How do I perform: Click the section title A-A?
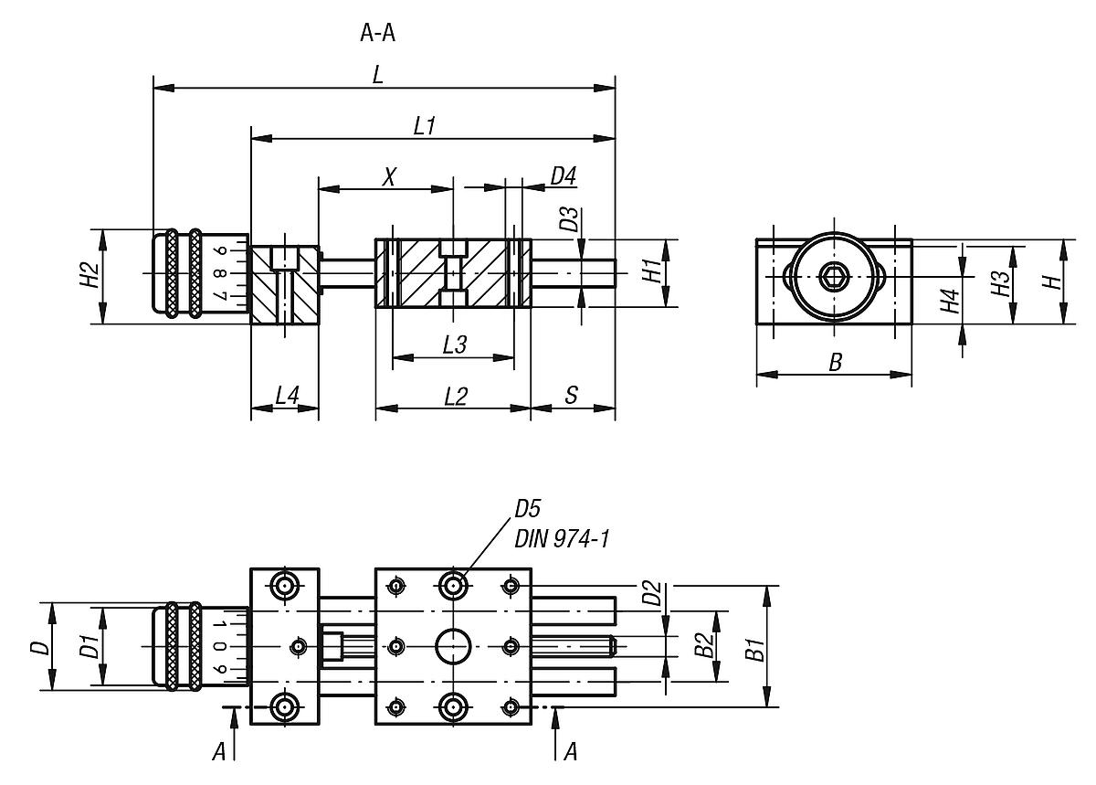pos(377,35)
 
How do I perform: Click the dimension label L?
pos(378,76)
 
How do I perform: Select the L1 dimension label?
pos(424,126)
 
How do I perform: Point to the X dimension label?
pos(388,176)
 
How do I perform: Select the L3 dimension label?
pos(454,345)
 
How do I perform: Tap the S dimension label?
pos(571,396)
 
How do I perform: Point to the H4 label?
pos(950,301)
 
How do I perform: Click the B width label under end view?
pos(834,363)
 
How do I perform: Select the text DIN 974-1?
pos(562,539)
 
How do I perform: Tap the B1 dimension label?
pos(754,648)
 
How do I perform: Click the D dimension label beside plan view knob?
pos(38,648)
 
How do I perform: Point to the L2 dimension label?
pos(454,396)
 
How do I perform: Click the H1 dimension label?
pos(650,271)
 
